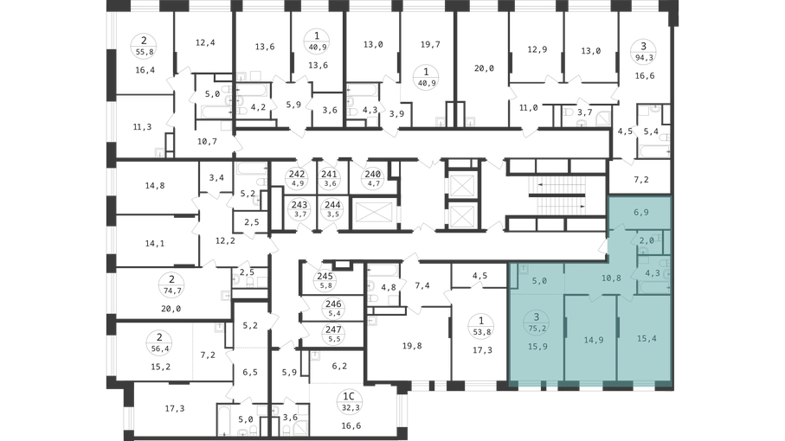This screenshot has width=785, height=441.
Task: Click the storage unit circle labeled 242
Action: coord(298,178)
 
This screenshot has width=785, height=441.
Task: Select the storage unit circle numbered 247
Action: coord(333,334)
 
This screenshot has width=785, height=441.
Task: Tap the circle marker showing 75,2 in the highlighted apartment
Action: coord(537,321)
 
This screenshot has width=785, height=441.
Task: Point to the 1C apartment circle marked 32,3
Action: coord(349,401)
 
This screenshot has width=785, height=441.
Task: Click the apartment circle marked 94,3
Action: coord(643,51)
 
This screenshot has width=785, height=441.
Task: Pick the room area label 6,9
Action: coord(641,212)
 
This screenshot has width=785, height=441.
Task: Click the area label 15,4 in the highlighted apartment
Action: coord(647,338)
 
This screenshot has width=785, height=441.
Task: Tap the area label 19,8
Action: coord(412,346)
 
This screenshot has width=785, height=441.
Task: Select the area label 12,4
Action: coord(205,42)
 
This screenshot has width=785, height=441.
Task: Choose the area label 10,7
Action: coord(207,142)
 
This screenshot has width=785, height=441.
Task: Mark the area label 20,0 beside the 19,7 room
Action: coord(484,68)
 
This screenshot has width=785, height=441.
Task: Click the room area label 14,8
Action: coord(155,186)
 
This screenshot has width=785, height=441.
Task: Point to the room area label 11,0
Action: coord(528,107)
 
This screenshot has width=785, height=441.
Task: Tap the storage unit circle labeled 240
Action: coord(373,178)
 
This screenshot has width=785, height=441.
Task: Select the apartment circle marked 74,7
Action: coord(171,284)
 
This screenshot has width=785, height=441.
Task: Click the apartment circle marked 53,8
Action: coord(481,325)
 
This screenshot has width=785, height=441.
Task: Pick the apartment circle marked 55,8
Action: coord(145,46)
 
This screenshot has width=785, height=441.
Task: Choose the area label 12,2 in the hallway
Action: coord(225,240)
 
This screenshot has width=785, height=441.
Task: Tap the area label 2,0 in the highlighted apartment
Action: coord(647,240)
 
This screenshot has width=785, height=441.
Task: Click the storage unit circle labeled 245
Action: coord(325,280)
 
